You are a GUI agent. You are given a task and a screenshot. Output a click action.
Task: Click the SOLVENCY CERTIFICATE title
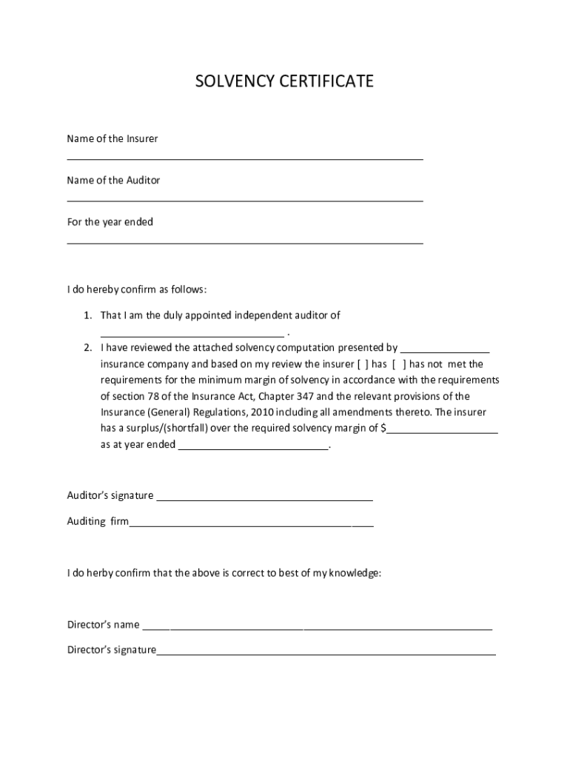[284, 81]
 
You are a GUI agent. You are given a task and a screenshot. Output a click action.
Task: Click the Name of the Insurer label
[112, 138]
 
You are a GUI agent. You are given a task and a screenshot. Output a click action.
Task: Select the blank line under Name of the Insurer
[245, 158]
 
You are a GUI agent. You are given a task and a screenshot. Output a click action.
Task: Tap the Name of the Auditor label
[113, 180]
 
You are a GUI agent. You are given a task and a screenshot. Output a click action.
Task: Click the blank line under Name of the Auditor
[245, 200]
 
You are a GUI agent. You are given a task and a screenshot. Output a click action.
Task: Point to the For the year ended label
[110, 222]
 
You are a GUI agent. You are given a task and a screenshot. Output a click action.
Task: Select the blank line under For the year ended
[245, 242]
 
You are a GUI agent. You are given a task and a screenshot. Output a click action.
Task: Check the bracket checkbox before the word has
[363, 364]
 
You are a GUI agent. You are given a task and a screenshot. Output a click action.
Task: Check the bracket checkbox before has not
[399, 364]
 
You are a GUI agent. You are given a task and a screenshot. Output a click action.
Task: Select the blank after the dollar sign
[442, 432]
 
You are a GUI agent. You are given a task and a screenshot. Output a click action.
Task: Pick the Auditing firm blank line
[251, 526]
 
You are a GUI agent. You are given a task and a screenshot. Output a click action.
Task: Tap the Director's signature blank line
[326, 654]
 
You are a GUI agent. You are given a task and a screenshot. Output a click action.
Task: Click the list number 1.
[87, 315]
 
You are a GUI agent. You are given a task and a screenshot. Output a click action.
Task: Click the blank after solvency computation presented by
[445, 352]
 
